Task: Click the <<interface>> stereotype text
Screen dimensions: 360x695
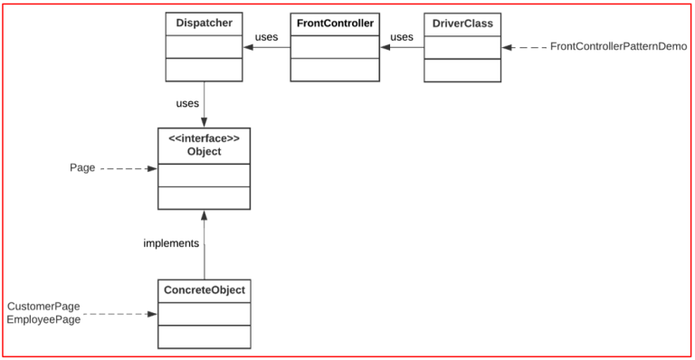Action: [204, 138]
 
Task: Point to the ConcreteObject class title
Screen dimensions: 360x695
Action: [204, 290]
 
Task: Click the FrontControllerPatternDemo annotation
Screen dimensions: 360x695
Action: [618, 46]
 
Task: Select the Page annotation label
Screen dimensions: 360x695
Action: [82, 168]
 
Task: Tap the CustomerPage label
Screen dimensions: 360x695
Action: [44, 307]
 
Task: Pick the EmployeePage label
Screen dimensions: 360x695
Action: [44, 320]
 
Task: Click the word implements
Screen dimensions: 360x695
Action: [171, 243]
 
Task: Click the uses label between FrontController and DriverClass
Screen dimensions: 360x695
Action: [401, 37]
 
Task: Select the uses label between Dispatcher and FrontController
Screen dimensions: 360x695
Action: [266, 37]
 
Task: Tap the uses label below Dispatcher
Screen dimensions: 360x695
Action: [187, 103]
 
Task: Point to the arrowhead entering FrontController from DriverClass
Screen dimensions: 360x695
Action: [385, 47]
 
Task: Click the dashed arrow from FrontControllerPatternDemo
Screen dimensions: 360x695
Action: [525, 47]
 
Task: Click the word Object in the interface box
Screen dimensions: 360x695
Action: [204, 152]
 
